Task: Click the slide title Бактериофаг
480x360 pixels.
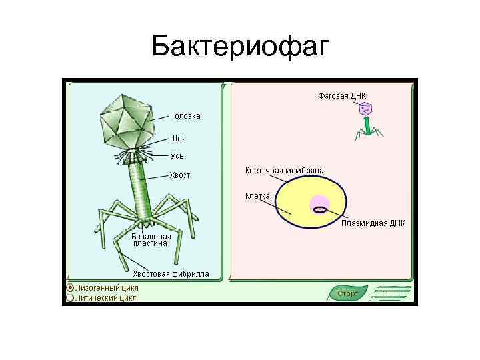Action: tap(240, 47)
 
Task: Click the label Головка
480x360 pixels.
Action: tap(185, 116)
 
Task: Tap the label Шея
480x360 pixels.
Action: tap(177, 139)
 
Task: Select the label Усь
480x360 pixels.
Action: tap(177, 155)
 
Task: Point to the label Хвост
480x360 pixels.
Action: tap(179, 175)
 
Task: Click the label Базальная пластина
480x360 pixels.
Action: tap(151, 240)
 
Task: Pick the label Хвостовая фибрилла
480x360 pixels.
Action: tap(171, 273)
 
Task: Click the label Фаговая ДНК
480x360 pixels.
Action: tap(342, 96)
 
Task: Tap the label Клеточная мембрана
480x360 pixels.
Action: tap(285, 171)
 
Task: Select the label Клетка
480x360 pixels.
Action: tap(257, 196)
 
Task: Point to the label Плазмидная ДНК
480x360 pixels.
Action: tap(373, 223)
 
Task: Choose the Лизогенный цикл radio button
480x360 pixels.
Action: tap(70, 287)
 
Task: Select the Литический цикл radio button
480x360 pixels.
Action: tap(70, 297)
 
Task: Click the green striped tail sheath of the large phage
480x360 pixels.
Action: tap(139, 190)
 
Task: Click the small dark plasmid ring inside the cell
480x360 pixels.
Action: tap(320, 209)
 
